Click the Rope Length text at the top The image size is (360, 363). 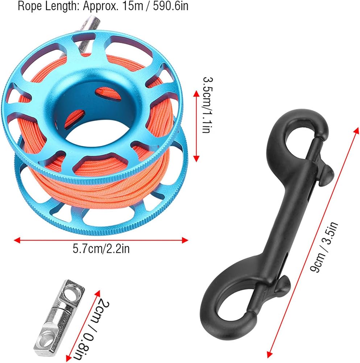(103, 6)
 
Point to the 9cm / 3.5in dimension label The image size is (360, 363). (324, 247)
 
